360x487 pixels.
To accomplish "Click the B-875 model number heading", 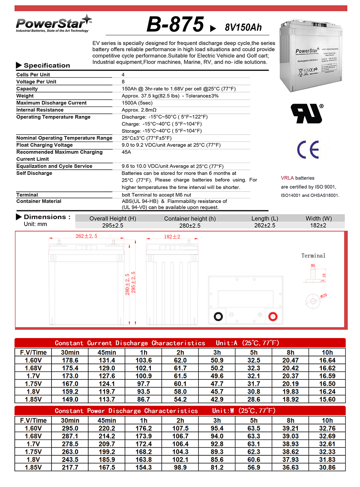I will coord(175,24).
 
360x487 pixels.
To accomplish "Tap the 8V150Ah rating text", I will coord(243,27).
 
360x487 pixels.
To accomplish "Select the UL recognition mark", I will coord(307,114).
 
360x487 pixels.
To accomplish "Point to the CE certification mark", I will coord(308,149).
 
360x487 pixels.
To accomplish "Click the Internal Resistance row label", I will coord(40,110).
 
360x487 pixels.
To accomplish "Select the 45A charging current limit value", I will coord(126,152).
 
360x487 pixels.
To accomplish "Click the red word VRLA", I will coord(287,178).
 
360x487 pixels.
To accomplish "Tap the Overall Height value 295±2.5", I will coord(113,225).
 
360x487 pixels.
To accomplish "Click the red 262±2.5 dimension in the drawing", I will coord(86,236).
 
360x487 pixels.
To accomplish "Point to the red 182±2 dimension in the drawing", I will coord(172,236).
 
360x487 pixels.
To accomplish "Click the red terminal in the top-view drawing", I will coord(273,317).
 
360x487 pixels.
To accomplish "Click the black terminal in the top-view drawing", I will coord(218,317).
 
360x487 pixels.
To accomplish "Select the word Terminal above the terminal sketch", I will coord(313,256).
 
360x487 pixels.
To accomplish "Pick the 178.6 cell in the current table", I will coord(70,360).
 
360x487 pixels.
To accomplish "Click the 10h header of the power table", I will coord(327,420).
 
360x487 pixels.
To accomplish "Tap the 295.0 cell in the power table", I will coord(70,428).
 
